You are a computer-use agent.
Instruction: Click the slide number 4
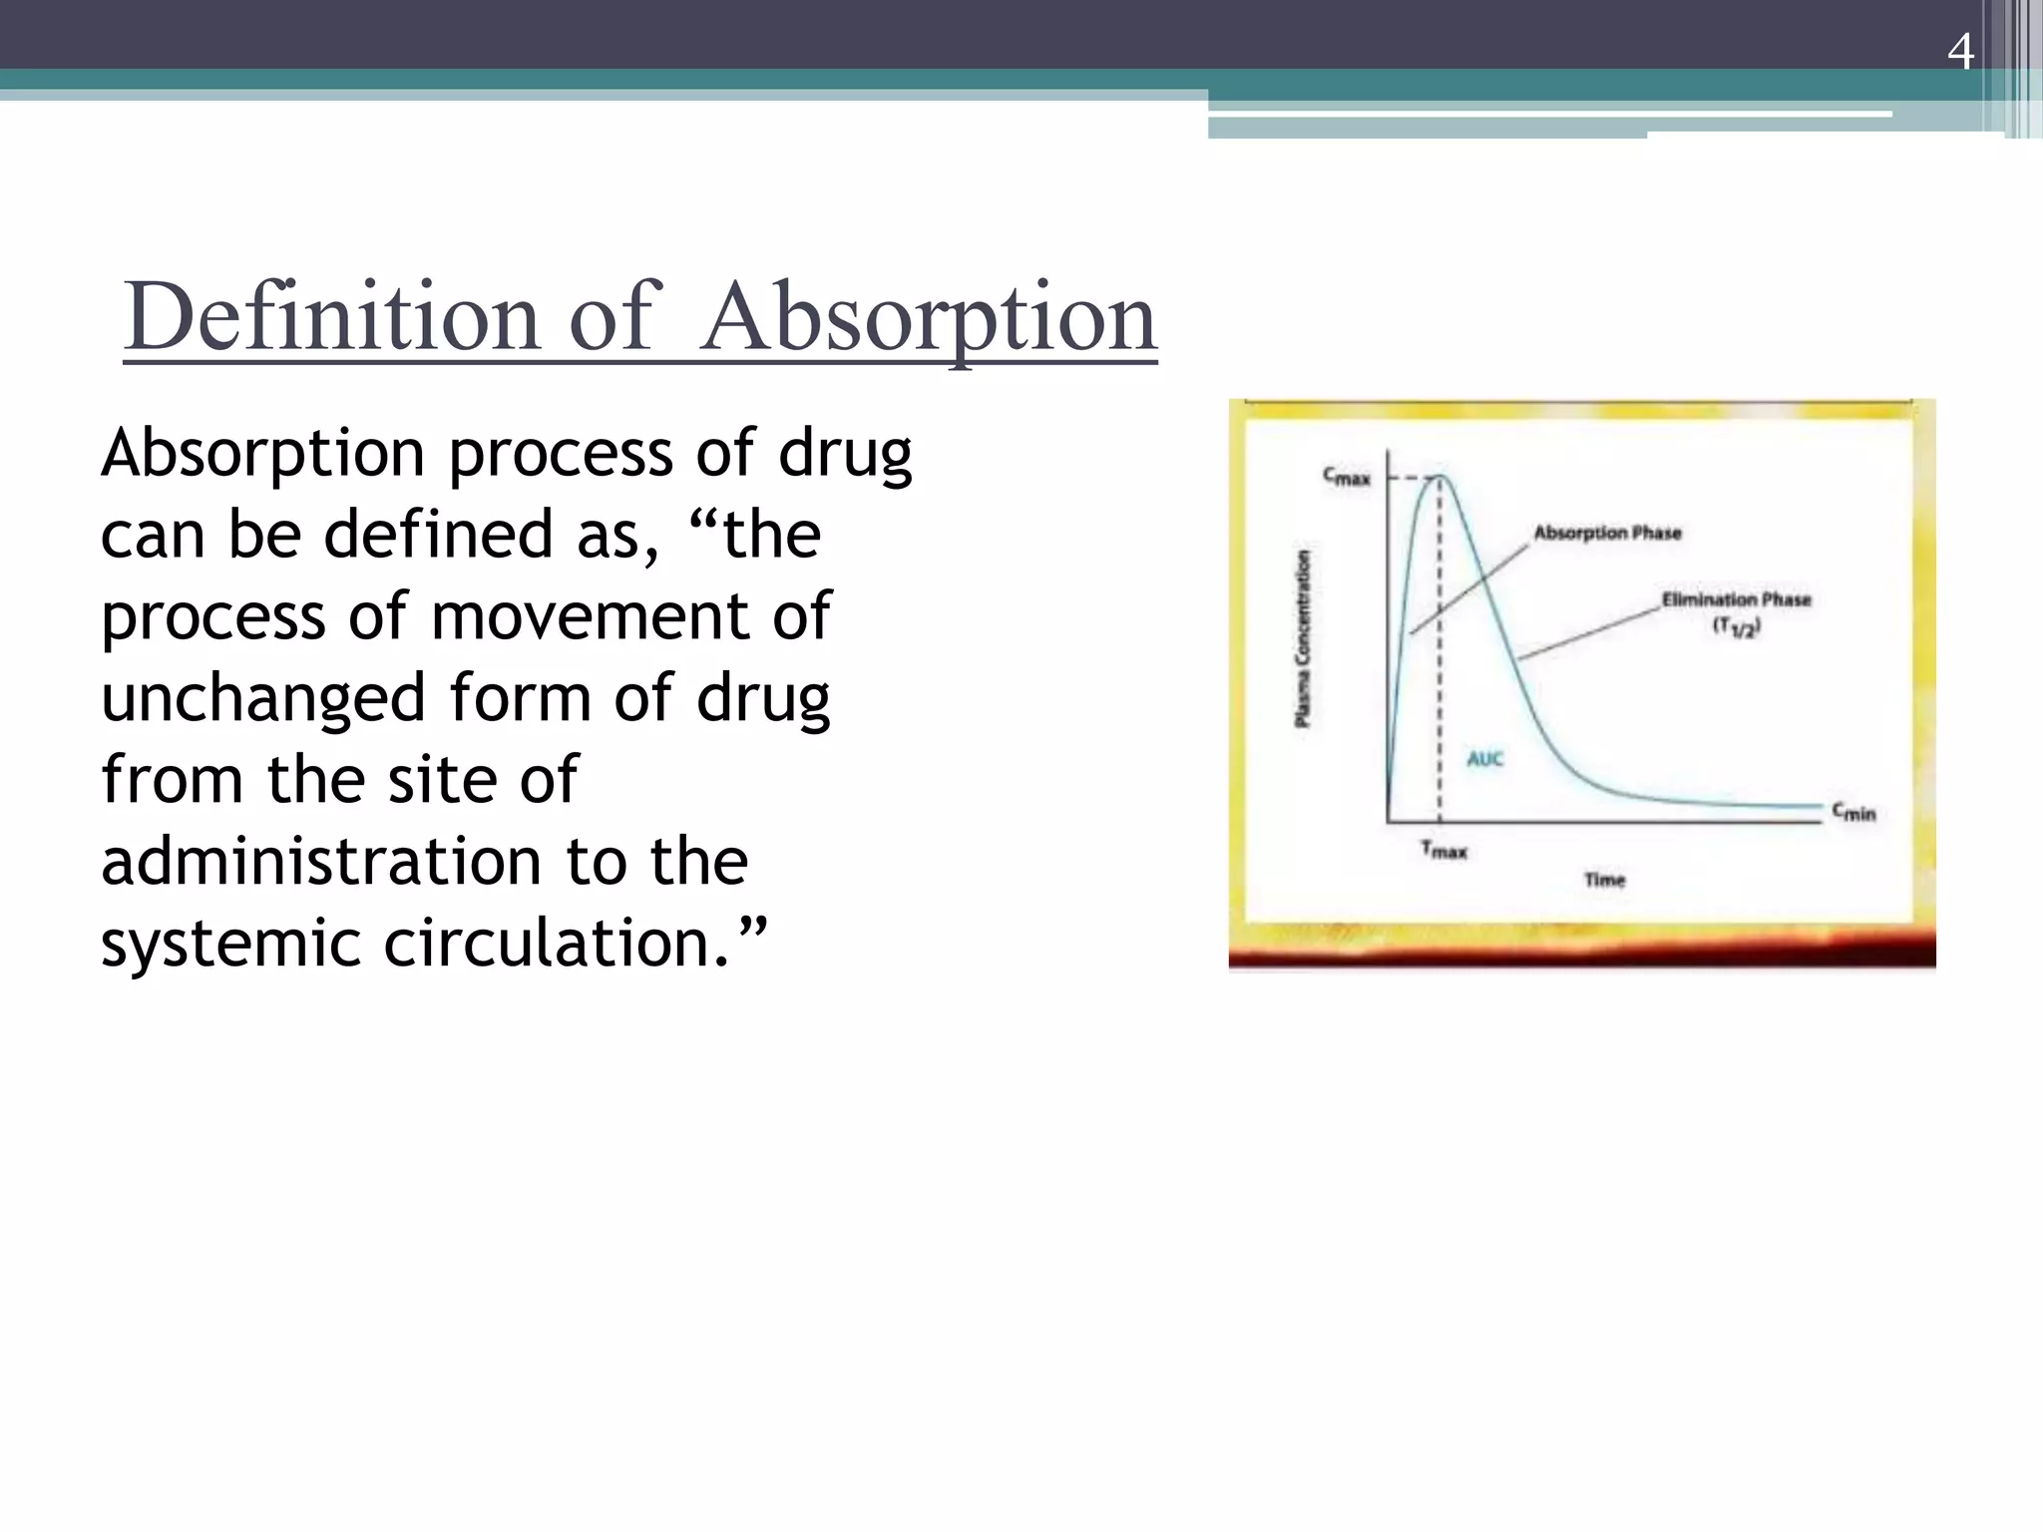pyautogui.click(x=1960, y=51)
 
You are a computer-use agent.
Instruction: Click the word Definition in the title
pyautogui.click(x=331, y=317)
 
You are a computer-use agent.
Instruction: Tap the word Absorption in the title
pyautogui.click(x=928, y=317)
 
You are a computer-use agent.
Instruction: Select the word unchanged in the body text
pyautogui.click(x=263, y=697)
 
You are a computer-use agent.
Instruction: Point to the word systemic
pyautogui.click(x=230, y=943)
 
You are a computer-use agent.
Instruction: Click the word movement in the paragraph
pyautogui.click(x=589, y=615)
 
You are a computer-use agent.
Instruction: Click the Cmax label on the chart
pyautogui.click(x=1347, y=478)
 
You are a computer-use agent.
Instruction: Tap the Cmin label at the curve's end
pyautogui.click(x=1853, y=813)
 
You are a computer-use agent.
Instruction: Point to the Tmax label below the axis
pyautogui.click(x=1443, y=850)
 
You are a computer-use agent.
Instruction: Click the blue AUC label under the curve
pyautogui.click(x=1484, y=759)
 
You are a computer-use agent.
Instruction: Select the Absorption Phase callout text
pyautogui.click(x=1607, y=533)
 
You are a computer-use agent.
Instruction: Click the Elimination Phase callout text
pyautogui.click(x=1736, y=599)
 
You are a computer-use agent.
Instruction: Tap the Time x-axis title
pyautogui.click(x=1604, y=879)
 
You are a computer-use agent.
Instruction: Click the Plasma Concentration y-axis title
pyautogui.click(x=1303, y=638)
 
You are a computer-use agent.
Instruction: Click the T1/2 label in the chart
pyautogui.click(x=1737, y=627)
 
